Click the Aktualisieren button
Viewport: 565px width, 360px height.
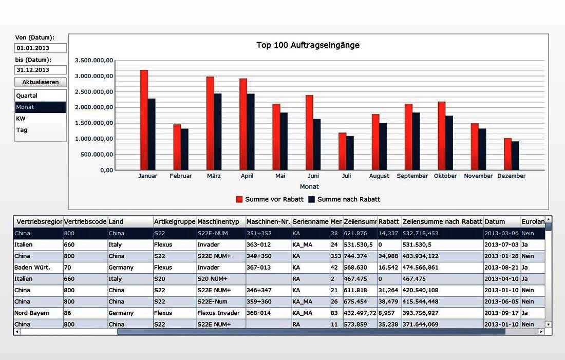coord(41,82)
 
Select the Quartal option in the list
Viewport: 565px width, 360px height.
coord(27,96)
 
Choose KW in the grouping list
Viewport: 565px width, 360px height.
coord(21,119)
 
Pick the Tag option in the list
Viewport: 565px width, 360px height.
coord(22,130)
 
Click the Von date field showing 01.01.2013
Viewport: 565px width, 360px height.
coord(41,48)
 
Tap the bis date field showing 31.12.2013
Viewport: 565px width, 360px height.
coord(41,70)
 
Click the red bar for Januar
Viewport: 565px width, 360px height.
coord(144,120)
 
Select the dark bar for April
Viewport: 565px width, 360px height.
coord(251,131)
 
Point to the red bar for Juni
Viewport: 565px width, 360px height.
coord(309,132)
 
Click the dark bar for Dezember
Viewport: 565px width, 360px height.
coord(515,156)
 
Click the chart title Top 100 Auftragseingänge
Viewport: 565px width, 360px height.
coord(308,45)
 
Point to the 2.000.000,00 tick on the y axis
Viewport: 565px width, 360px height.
coord(94,108)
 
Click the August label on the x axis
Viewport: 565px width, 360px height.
coord(379,176)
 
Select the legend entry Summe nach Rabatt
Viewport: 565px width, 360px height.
coord(348,199)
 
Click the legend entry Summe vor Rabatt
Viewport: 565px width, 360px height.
coord(274,199)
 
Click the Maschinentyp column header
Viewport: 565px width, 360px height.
coord(218,222)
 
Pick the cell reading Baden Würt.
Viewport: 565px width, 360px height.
coord(32,268)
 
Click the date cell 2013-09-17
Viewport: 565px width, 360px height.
coord(501,313)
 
